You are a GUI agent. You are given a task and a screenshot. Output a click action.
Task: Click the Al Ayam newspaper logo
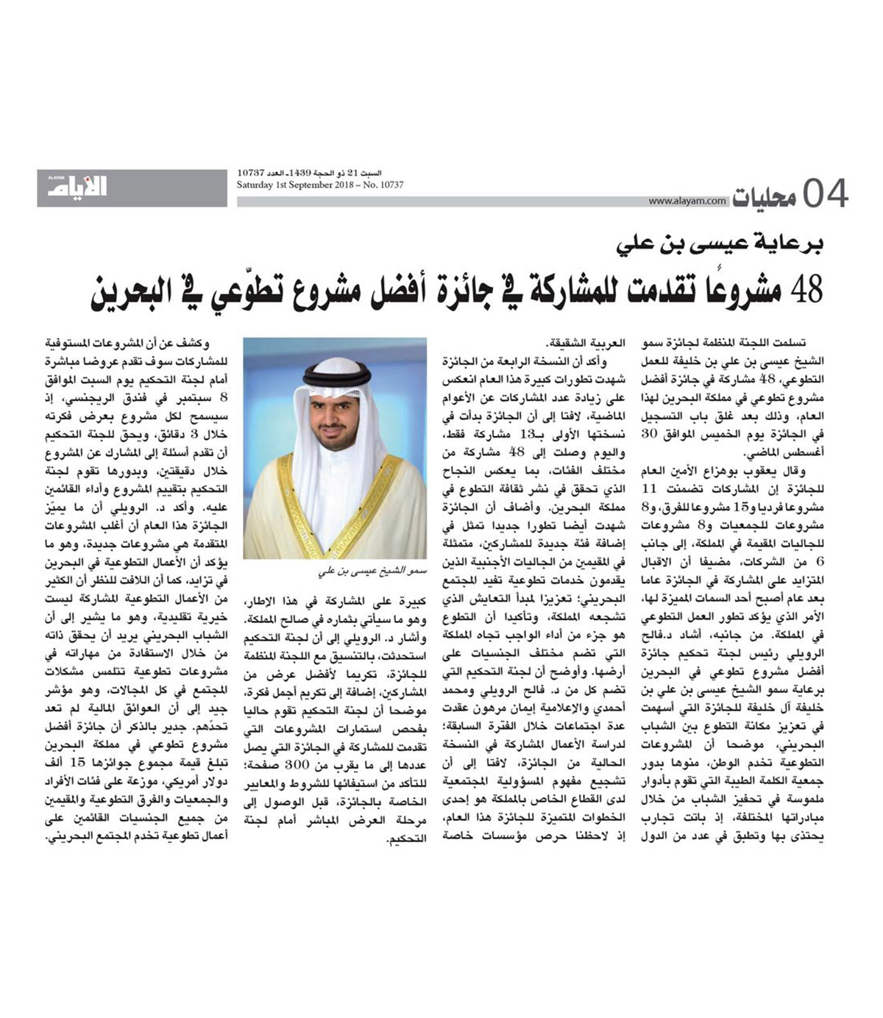[x=78, y=187]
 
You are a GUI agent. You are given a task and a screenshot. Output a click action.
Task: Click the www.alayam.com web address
[x=687, y=201]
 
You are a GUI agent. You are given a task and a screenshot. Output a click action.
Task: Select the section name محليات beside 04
[x=763, y=196]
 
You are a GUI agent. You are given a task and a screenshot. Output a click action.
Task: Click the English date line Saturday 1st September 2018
[x=320, y=185]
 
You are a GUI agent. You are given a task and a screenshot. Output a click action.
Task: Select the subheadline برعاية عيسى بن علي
[x=714, y=244]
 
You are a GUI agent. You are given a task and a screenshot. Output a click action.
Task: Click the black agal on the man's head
[x=336, y=377]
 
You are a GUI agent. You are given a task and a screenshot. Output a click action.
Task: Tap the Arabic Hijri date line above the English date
[x=320, y=173]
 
